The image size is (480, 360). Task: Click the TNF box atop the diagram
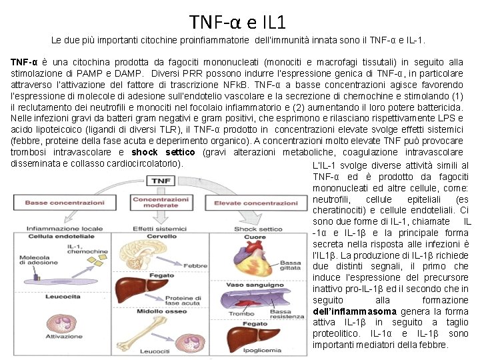(x=161, y=181)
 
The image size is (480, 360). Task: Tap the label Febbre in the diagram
(x=195, y=265)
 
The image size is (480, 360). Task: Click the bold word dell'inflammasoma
(x=353, y=311)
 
